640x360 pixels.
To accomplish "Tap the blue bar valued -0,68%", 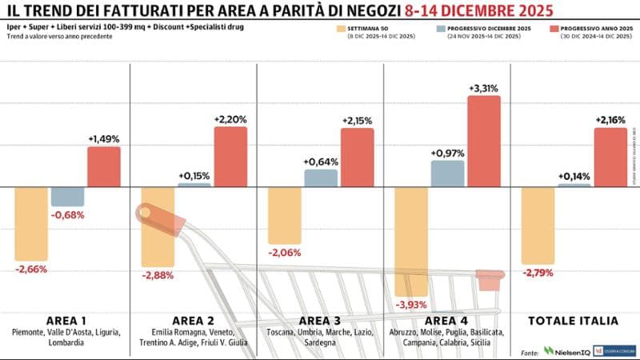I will (67, 196).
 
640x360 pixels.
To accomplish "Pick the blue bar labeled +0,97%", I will (448, 173).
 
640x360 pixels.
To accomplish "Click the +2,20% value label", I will (230, 119).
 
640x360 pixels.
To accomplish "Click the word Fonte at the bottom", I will (529, 351).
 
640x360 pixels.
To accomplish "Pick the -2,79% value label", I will (538, 273).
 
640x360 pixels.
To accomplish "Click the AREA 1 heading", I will (65, 320).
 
